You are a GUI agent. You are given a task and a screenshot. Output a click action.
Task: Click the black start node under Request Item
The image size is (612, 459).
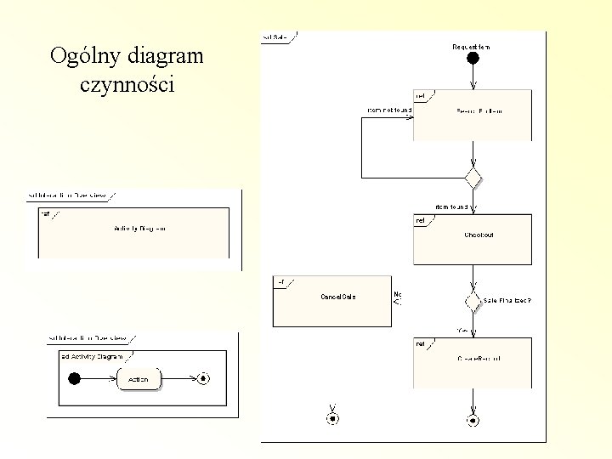pos(473,59)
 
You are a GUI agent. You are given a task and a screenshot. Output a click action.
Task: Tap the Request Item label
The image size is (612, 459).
pos(470,46)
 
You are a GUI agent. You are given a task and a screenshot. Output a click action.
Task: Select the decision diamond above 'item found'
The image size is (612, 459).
pos(473,178)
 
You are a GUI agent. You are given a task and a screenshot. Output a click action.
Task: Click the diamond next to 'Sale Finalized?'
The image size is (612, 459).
pos(473,301)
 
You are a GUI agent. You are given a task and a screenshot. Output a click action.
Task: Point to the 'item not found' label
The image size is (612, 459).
pos(389,110)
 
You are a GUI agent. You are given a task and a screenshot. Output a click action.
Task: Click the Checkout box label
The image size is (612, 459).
pos(479,235)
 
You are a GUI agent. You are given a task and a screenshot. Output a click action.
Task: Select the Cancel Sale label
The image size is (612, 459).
pos(337,297)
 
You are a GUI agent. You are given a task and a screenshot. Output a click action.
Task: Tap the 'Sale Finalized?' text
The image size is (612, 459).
pos(507,301)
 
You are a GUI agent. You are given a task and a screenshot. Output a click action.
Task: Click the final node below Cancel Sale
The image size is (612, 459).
pos(332,419)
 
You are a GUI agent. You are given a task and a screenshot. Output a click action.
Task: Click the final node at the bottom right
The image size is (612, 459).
pos(473,420)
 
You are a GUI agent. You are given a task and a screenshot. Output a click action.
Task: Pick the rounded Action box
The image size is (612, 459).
pos(139,379)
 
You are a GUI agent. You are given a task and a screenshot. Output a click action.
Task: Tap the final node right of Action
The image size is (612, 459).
pos(202,379)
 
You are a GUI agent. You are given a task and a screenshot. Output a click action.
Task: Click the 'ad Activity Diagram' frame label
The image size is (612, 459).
pos(92,356)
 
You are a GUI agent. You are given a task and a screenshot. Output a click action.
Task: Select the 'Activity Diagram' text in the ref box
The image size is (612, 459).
pos(139,229)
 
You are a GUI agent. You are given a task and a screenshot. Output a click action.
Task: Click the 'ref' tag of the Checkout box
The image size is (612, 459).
pos(420,221)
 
